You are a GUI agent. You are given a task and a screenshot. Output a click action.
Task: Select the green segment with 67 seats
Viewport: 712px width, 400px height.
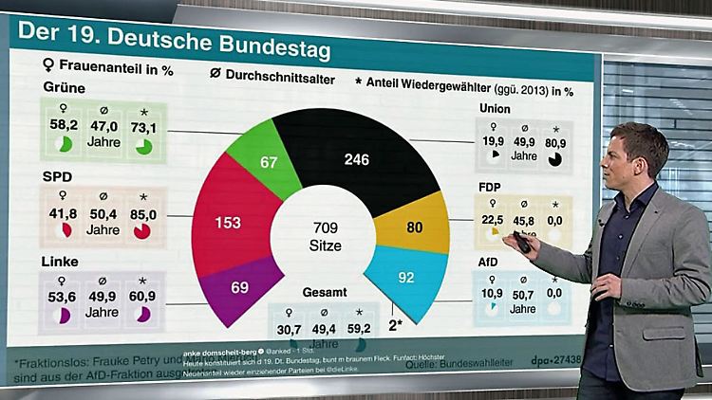(268, 163)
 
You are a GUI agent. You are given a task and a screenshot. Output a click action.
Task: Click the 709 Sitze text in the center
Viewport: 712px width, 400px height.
(322, 236)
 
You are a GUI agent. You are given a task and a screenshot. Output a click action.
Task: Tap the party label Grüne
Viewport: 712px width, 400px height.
(64, 88)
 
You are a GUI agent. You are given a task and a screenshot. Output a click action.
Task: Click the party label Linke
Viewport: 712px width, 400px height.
(61, 261)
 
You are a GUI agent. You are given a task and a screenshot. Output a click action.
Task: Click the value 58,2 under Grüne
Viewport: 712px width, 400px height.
(63, 125)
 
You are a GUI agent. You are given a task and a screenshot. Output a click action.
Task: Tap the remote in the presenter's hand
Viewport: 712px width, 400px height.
(521, 245)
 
